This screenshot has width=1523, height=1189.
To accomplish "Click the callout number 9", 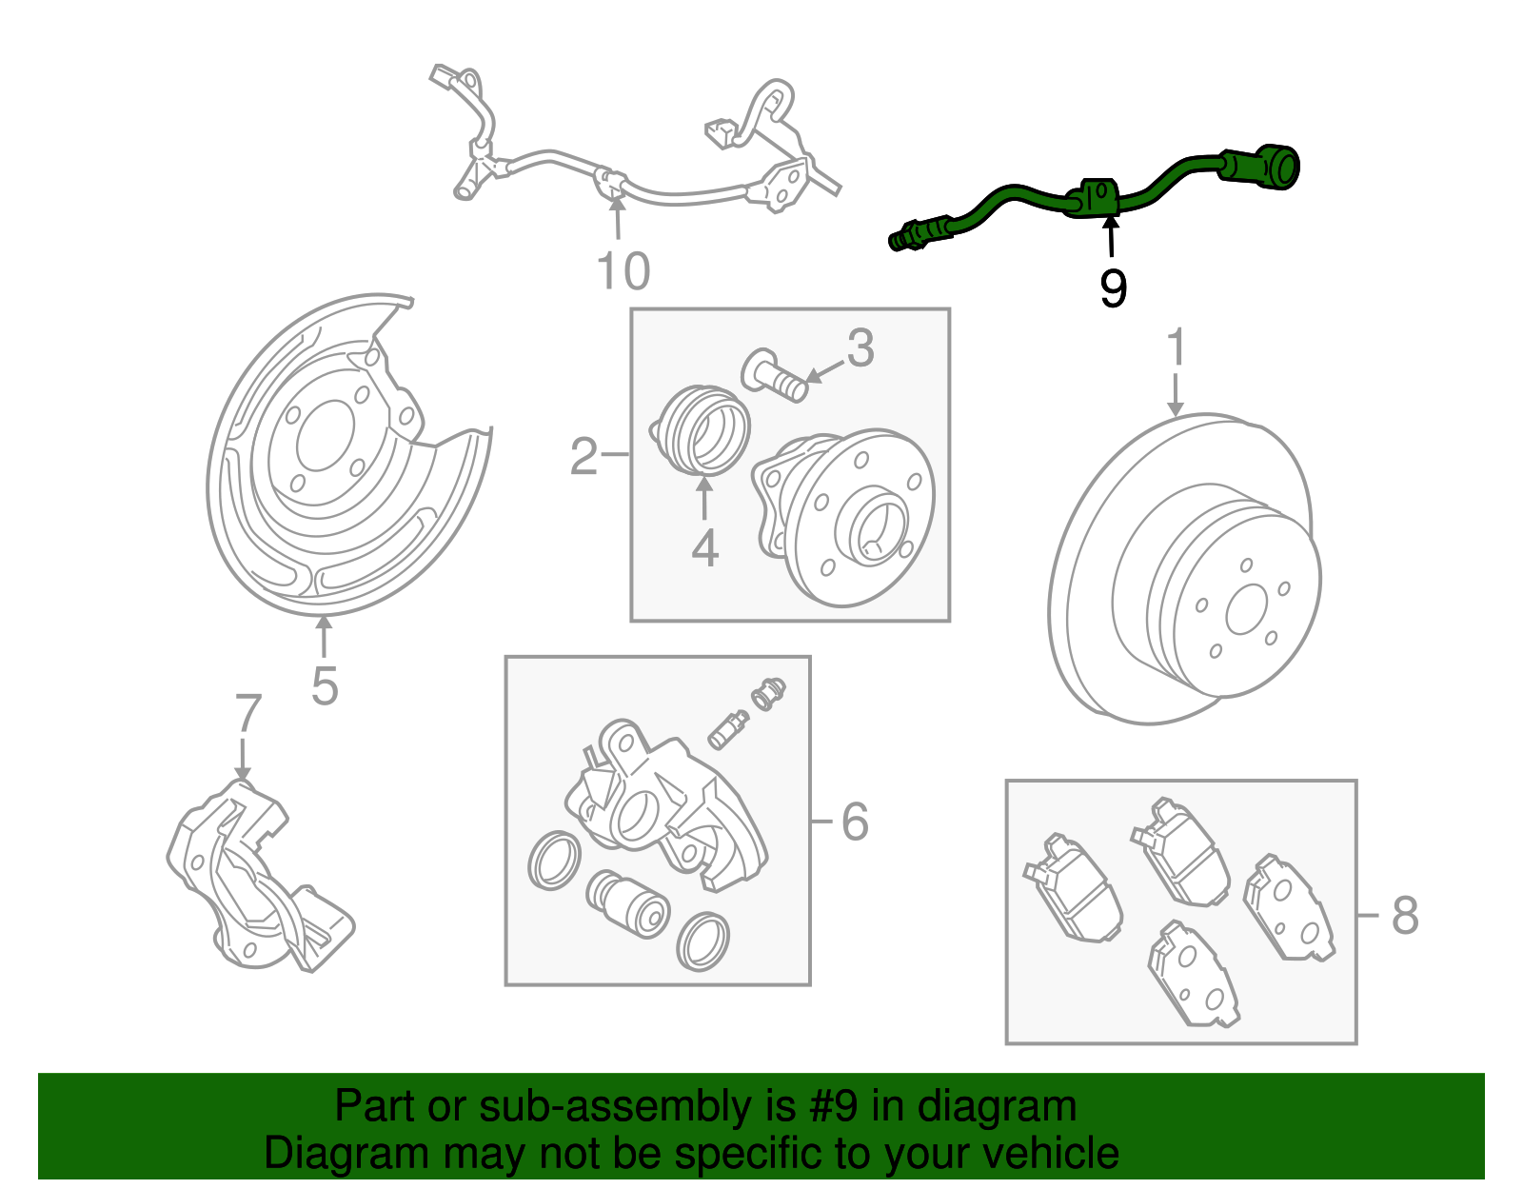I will click(x=1113, y=287).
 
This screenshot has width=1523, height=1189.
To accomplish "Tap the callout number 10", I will click(x=623, y=271).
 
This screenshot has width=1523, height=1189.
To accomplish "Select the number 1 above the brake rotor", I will click(x=1177, y=347).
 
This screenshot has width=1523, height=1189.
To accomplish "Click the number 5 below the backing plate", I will click(x=325, y=685).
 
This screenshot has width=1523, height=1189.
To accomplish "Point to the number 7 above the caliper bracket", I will click(x=247, y=713).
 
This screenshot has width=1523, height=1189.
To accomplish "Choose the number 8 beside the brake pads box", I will click(x=1404, y=916).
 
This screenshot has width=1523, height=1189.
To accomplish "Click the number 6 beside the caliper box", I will click(x=855, y=822).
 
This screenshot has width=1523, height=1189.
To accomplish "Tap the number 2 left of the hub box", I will click(x=583, y=457).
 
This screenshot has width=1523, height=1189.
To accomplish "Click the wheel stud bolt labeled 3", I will click(x=773, y=376).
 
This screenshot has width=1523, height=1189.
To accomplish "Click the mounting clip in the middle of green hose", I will click(x=1095, y=197).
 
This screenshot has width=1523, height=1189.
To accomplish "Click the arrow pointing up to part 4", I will click(x=703, y=499).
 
